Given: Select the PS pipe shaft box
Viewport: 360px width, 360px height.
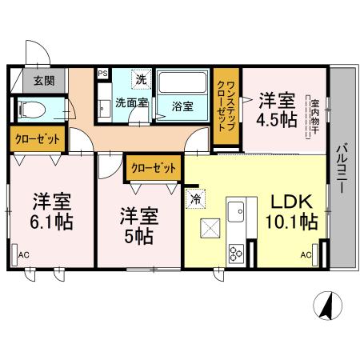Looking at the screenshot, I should coord(102,73).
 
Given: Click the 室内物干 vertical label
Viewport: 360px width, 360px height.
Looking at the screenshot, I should coord(314,117).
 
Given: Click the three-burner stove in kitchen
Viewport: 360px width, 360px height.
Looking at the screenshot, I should coord(237,255).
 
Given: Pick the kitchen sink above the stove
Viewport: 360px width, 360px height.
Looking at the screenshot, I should coord(236,212).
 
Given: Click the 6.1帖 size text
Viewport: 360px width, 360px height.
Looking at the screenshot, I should coord(52,219).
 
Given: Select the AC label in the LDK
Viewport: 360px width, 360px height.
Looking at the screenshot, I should coord(306,255).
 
